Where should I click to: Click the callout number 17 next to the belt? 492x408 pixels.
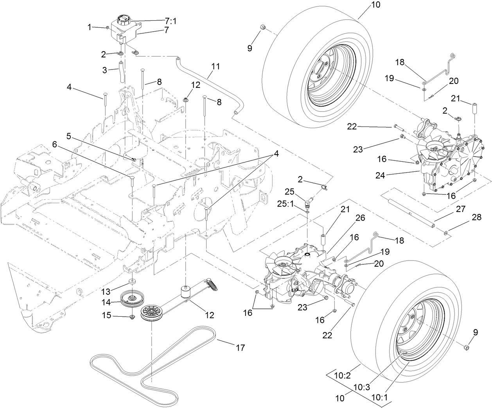240,347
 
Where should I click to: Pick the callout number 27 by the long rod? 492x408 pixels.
460,209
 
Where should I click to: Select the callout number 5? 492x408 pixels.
68,136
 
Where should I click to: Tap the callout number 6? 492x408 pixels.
54,144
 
